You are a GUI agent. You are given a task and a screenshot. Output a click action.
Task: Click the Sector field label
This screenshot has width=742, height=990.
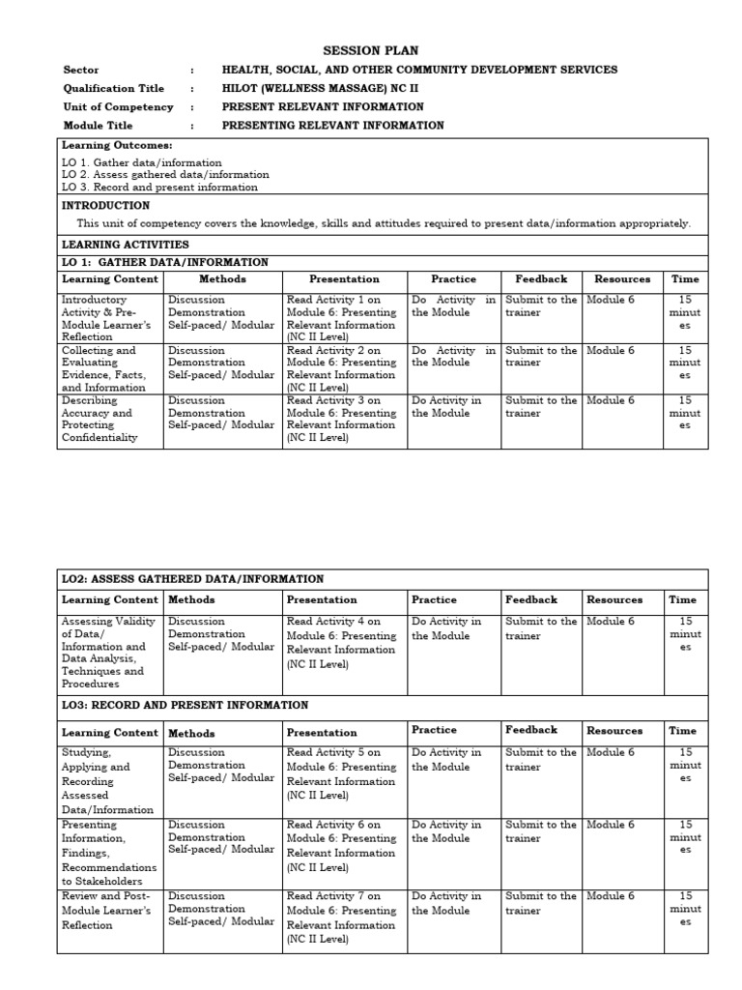81,70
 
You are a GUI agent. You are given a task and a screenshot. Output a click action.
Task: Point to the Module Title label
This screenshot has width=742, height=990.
99,126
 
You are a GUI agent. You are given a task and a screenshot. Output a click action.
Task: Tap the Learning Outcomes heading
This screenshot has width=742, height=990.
117,145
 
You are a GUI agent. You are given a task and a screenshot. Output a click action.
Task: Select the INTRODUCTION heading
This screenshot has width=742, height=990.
106,206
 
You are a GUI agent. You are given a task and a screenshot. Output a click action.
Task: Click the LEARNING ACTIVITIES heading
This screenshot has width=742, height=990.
126,245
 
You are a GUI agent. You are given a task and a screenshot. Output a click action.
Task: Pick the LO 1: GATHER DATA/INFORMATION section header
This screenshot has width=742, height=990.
165,262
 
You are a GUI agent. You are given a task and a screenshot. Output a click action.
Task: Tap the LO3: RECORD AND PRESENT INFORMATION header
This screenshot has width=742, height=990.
185,706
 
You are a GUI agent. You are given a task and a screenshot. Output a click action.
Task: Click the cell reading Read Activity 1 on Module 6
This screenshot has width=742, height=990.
342,318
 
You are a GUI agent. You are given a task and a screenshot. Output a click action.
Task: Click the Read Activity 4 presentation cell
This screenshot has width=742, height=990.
342,643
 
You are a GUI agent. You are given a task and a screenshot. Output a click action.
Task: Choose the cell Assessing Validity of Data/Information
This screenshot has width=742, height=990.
109,653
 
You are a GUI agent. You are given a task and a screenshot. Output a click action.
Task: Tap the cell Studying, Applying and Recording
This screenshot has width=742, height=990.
109,780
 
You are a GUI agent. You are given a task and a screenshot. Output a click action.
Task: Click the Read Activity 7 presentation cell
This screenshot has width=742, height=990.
342,917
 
